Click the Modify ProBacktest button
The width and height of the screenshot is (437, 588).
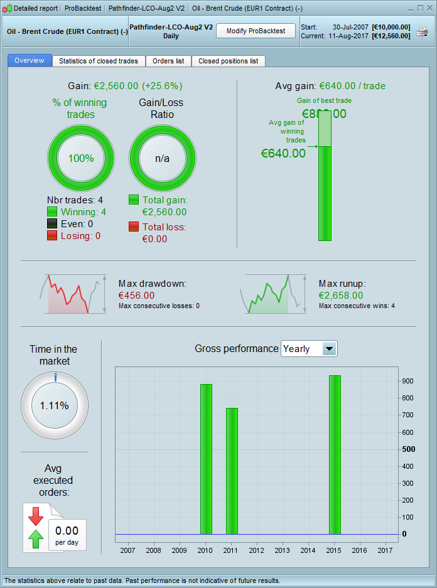click(x=256, y=31)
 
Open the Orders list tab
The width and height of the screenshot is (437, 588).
click(x=168, y=61)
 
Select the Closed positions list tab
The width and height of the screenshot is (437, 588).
click(x=228, y=61)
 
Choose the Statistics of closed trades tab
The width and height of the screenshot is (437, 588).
click(x=99, y=61)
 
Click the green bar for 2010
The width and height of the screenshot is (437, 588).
click(x=206, y=459)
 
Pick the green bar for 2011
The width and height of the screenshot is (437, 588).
click(x=232, y=471)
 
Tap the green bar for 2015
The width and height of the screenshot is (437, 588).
click(x=335, y=454)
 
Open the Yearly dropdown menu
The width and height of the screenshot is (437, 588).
click(x=329, y=348)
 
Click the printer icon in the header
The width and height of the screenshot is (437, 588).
click(x=421, y=31)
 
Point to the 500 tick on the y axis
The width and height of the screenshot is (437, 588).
click(x=408, y=449)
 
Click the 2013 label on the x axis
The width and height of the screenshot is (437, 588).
click(x=282, y=550)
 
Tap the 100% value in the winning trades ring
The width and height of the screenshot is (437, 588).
click(x=81, y=158)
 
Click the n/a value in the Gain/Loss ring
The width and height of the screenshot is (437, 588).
click(x=162, y=158)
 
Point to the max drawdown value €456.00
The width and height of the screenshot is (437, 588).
click(x=136, y=295)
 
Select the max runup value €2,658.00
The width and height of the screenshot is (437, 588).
click(x=340, y=295)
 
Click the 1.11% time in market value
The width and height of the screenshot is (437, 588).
click(x=55, y=405)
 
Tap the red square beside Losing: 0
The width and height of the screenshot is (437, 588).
click(x=52, y=236)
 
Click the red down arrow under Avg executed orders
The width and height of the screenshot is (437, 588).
click(x=36, y=516)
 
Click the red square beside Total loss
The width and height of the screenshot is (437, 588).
click(x=134, y=227)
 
